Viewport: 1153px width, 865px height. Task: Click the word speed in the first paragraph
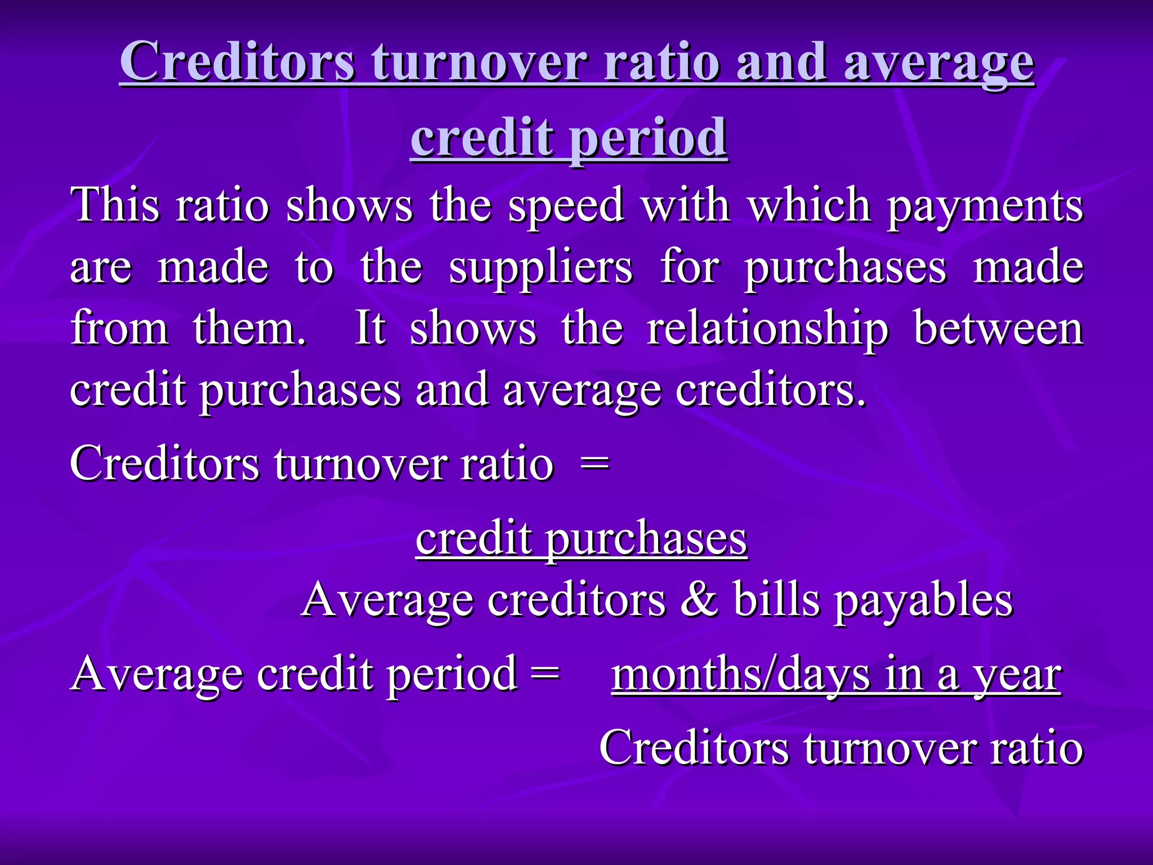pos(566,206)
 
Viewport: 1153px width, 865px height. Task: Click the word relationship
pos(767,329)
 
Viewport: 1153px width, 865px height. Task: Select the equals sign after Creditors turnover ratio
pos(595,464)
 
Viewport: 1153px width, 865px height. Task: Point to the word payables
pos(923,600)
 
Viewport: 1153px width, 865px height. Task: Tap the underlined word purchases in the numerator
pos(646,539)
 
